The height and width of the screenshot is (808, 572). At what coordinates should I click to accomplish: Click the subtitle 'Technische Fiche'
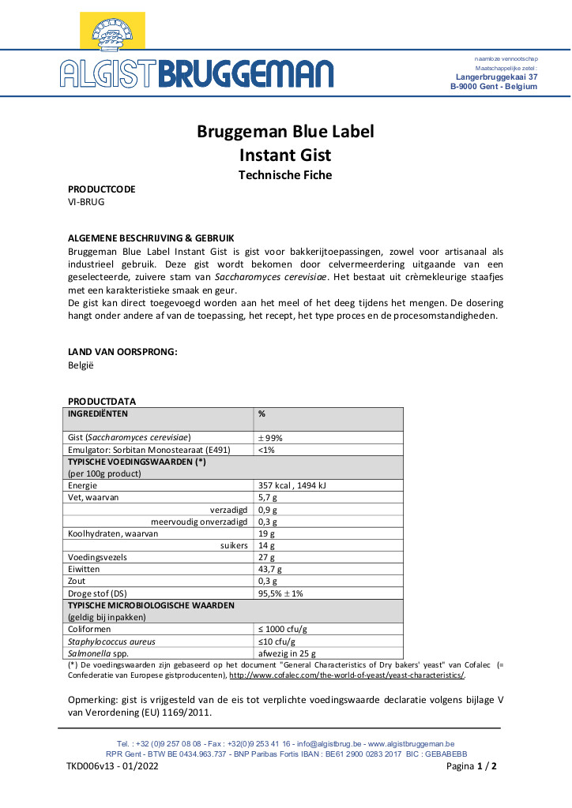[285, 175]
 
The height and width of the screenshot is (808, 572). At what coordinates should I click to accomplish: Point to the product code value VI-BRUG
[86, 202]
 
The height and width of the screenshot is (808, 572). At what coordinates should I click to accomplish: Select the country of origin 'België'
[81, 365]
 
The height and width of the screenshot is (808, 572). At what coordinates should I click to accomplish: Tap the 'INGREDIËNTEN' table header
[98, 413]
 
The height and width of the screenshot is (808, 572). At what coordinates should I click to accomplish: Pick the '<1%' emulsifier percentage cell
[266, 449]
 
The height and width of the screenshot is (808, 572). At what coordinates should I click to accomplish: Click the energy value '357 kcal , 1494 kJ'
[293, 485]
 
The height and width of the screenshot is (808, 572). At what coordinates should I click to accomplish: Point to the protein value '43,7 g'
[270, 569]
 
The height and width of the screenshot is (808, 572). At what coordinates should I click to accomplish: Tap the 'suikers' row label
[235, 545]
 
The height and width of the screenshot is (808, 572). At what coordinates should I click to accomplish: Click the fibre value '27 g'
[265, 557]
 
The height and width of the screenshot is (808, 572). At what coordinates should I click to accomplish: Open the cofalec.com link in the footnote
[346, 675]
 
